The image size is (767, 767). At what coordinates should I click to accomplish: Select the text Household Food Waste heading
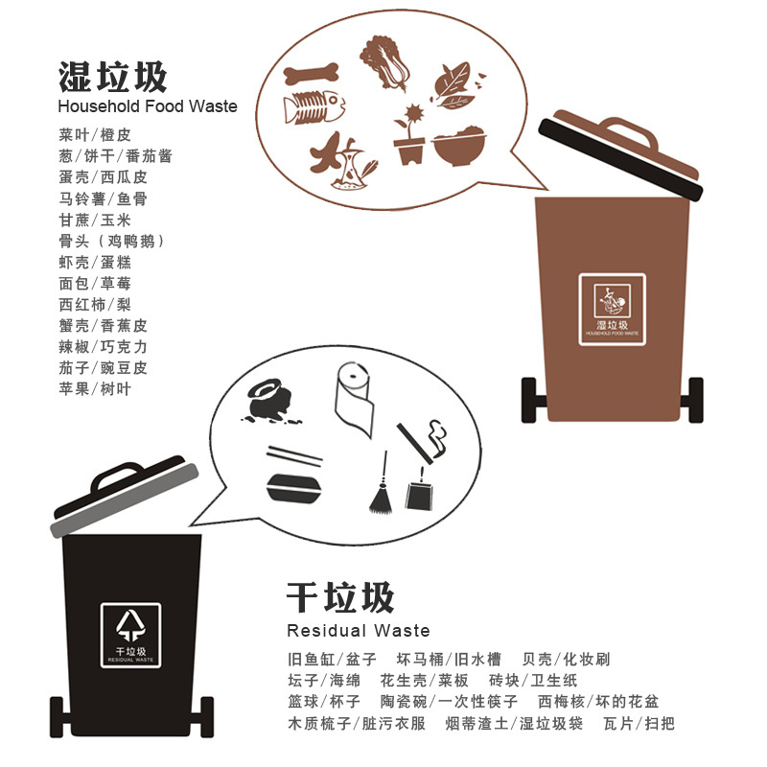pos(147,106)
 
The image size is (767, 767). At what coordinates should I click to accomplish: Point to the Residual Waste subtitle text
pos(358,631)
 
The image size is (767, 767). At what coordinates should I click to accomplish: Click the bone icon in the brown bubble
pos(312,73)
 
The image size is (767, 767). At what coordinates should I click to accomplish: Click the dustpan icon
pos(418,491)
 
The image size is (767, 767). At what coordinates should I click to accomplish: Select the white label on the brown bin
pos(612,308)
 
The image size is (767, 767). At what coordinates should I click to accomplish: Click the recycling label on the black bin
pos(132,635)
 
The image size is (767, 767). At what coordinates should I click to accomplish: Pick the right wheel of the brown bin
pos(695,400)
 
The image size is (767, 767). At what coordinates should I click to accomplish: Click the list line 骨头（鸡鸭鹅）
pos(111,241)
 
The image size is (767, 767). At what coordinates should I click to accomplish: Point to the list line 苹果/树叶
pos(94,389)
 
